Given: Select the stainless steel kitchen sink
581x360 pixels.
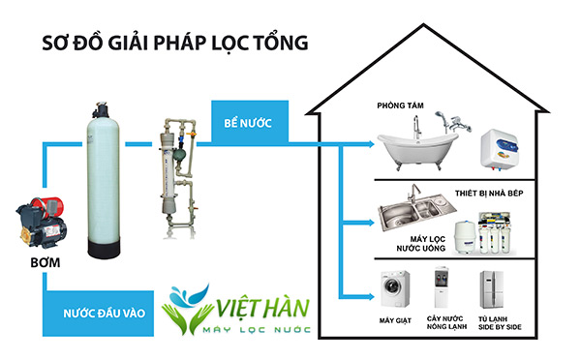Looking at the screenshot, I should [413, 210].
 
